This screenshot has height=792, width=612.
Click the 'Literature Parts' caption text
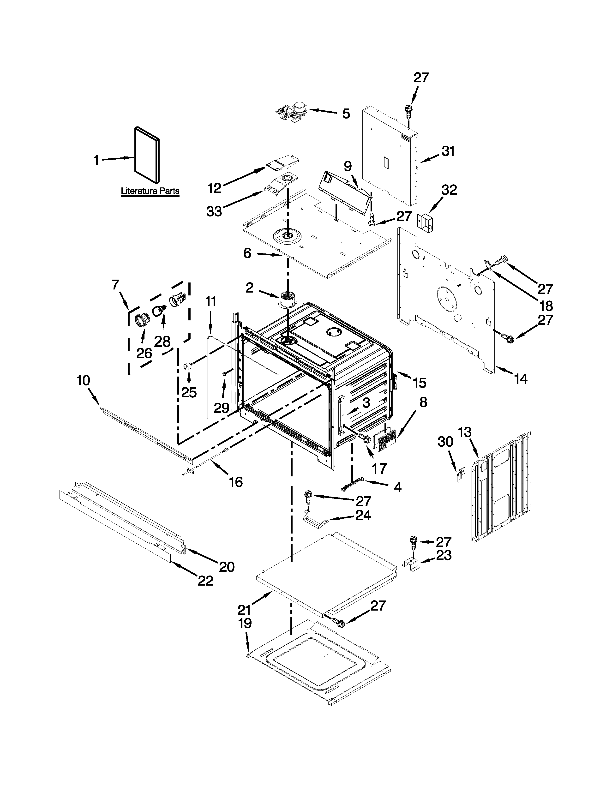(150, 191)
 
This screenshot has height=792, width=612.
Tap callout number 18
(546, 306)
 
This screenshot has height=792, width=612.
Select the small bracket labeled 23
(412, 564)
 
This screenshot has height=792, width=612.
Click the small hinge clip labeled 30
(460, 474)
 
